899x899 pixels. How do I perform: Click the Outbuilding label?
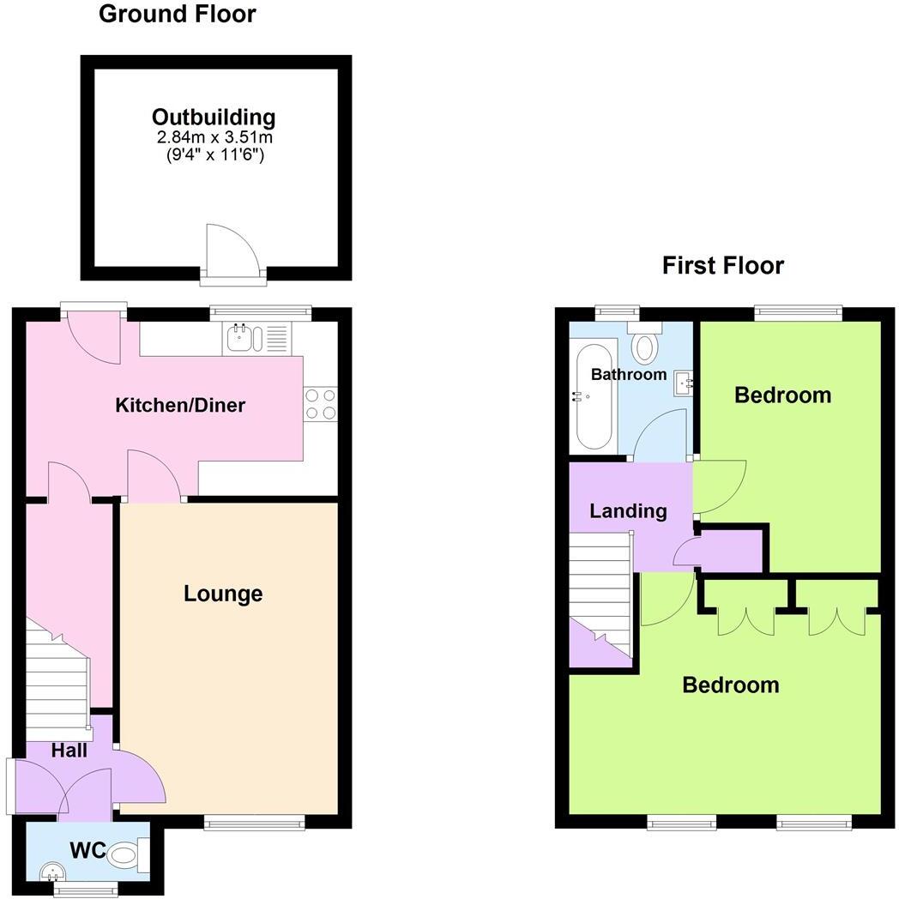point(214,118)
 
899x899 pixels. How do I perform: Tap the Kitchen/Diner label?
point(180,405)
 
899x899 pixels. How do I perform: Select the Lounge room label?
point(223,594)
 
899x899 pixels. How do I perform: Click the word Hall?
point(69,751)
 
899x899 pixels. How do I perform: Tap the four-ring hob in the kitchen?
point(320,404)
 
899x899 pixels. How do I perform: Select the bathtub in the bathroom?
point(594,396)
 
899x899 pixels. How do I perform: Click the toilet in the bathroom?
point(644,345)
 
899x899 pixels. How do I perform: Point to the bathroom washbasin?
point(684,383)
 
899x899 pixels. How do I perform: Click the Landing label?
point(628,511)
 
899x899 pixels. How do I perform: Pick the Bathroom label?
point(629,375)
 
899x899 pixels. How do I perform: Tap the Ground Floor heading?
point(177,15)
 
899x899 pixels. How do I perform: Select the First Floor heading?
point(722,266)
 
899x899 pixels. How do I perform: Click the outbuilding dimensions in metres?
point(214,137)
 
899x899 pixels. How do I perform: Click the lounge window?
point(255,823)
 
